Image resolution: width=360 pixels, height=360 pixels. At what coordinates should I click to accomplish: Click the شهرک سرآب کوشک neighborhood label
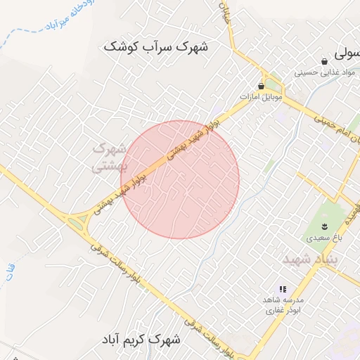[155, 47]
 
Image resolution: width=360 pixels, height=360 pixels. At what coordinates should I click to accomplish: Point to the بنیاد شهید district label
[311, 259]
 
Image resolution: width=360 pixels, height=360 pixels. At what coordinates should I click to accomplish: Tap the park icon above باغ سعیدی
[325, 225]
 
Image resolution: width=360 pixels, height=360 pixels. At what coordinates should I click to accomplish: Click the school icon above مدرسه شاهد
[283, 289]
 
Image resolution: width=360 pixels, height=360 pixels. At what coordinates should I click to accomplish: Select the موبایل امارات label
[261, 96]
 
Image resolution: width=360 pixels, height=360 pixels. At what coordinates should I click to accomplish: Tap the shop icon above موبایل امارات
[262, 86]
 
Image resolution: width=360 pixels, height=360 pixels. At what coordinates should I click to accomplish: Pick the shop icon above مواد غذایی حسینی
[324, 60]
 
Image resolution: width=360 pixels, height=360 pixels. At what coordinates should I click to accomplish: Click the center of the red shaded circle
[181, 179]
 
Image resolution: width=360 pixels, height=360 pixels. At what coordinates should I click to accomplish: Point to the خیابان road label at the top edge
[226, 13]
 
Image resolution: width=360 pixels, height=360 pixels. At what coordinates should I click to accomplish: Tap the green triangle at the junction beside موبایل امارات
[275, 82]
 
